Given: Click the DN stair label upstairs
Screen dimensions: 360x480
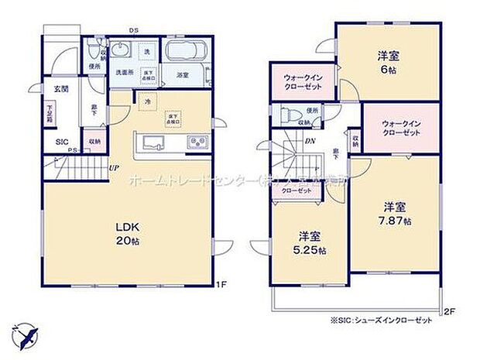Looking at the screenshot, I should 308,140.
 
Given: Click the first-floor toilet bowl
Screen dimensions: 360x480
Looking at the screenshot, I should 94,52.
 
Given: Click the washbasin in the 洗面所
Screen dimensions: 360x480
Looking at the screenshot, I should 122,51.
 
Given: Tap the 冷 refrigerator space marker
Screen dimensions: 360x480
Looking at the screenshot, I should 146,100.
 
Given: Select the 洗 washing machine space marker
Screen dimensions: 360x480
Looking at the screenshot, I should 147,51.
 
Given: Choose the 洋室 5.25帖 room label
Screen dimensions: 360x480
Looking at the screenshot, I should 310,244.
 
